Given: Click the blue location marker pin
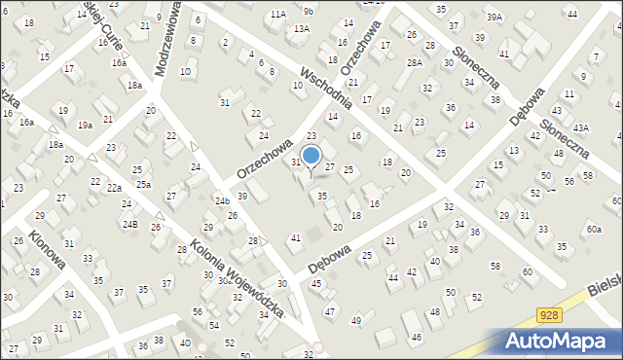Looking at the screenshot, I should tap(311, 156).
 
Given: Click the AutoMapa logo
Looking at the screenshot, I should tap(559, 340).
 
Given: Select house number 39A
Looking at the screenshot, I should tap(495, 18).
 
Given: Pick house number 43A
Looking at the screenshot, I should tap(581, 127).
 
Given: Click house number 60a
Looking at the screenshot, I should tap(593, 230).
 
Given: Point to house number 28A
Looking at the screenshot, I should tap(415, 62).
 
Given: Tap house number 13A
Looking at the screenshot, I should tap(302, 28).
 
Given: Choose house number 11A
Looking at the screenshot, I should tap(278, 14).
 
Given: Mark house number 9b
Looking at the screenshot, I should tap(309, 11).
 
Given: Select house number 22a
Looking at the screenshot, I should tap(115, 188).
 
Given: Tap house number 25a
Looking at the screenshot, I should tap(143, 184).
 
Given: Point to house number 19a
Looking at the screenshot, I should tap(86, 125).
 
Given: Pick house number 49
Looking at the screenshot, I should tap(356, 320).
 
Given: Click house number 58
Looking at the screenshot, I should tap(495, 266).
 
